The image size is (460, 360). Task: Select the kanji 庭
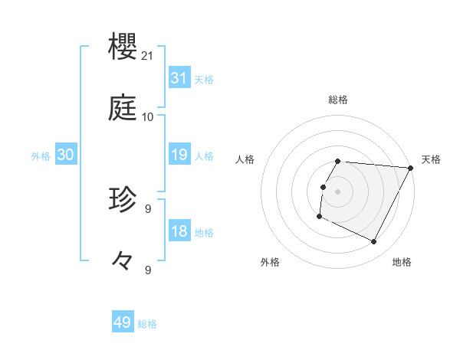tap(123, 109)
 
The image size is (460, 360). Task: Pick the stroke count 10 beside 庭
tap(148, 117)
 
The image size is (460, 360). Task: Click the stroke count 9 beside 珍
tap(148, 208)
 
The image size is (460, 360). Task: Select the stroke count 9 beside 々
tap(148, 270)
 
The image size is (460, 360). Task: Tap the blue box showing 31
tap(179, 78)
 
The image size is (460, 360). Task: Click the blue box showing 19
tap(179, 155)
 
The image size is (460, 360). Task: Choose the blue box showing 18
tap(179, 231)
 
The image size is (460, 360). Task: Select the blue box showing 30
tap(66, 155)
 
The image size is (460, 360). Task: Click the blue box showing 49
tap(123, 322)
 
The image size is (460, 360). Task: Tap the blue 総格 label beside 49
tap(147, 324)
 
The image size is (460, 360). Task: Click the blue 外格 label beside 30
tap(41, 156)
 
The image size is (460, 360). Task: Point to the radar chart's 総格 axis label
tap(338, 100)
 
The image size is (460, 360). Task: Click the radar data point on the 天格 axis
tap(411, 167)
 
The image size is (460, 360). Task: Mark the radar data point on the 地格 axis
tap(374, 242)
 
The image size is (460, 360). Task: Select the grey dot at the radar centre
tap(338, 191)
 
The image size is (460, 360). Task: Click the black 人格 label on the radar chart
tap(245, 159)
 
